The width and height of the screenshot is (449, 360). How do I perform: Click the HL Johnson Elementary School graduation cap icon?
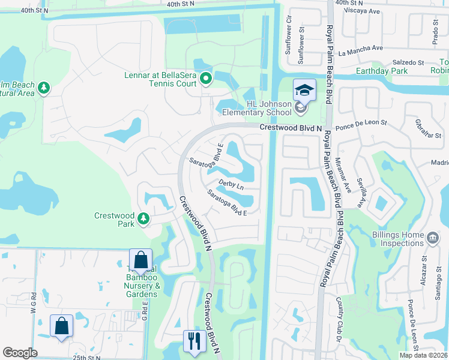click(304, 90)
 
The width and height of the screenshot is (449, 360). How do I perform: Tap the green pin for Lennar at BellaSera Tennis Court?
click(206, 79)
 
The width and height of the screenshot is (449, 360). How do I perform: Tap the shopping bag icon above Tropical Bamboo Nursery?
click(140, 260)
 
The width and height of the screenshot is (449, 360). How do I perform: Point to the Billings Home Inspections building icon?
click(432, 239)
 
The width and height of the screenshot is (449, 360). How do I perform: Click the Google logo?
click(20, 353)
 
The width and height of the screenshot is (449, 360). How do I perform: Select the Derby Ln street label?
click(231, 185)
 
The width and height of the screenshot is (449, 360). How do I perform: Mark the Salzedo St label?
click(408, 62)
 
